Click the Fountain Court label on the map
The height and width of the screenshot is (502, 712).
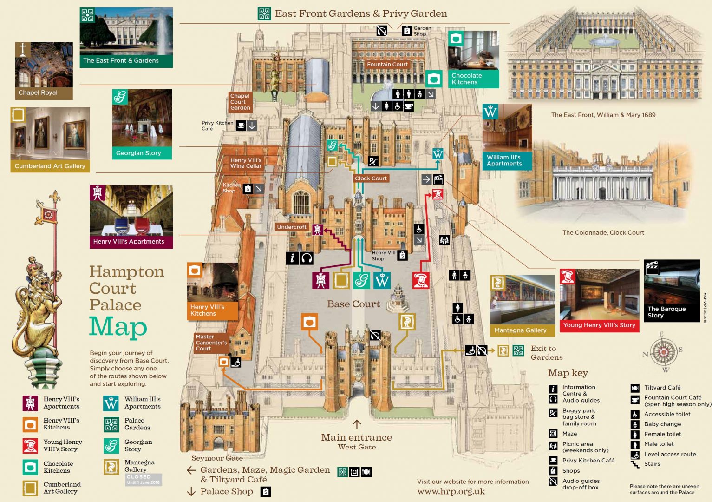coord(387,65)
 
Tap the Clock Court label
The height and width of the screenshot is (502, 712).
coord(371,178)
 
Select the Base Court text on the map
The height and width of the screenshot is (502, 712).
coord(353,304)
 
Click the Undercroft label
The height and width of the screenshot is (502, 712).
coord(292,227)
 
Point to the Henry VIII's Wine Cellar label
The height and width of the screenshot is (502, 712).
coord(246,163)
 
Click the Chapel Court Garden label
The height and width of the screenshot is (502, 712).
coord(240,102)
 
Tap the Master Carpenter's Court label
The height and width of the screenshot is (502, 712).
coord(211,343)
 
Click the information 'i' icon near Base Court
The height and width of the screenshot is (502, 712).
coord(292,258)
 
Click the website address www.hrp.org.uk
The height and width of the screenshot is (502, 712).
coord(451,492)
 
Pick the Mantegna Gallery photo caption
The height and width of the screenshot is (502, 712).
coord(520,330)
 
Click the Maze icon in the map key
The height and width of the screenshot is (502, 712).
coord(553,434)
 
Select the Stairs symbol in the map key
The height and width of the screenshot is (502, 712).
coord(635,464)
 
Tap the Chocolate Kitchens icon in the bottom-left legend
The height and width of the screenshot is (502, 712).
coord(30,467)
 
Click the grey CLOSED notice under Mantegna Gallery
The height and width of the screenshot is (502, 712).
coord(144,479)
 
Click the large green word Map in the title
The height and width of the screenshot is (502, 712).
coord(118,327)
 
